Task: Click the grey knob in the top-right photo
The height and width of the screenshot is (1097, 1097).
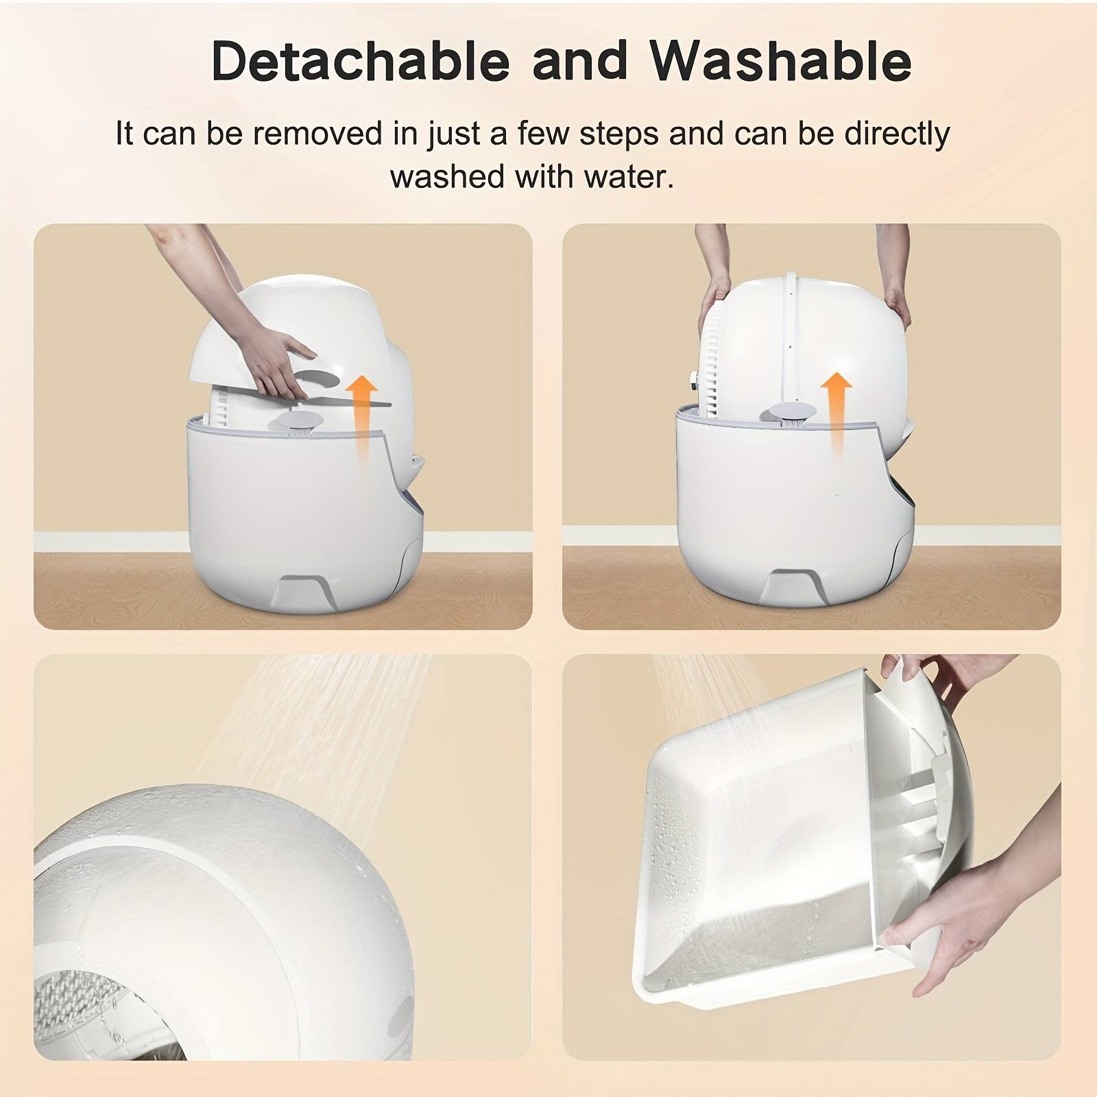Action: click(x=786, y=413)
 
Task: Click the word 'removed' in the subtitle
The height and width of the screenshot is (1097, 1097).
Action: click(x=317, y=134)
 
